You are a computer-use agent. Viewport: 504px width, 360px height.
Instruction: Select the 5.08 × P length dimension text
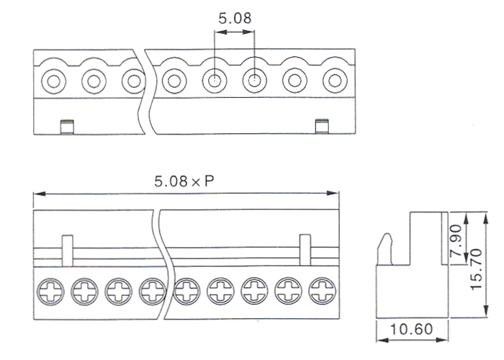tap(184, 182)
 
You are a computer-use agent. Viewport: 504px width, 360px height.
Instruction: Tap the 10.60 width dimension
tap(410, 330)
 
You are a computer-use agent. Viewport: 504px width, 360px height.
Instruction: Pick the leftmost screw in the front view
tap(51, 291)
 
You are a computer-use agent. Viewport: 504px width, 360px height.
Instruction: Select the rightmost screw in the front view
tap(322, 291)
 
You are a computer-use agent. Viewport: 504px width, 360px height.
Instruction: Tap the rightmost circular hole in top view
tap(333, 81)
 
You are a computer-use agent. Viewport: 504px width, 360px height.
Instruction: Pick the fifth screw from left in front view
tap(186, 291)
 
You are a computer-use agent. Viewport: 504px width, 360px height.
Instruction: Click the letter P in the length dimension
tap(210, 182)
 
